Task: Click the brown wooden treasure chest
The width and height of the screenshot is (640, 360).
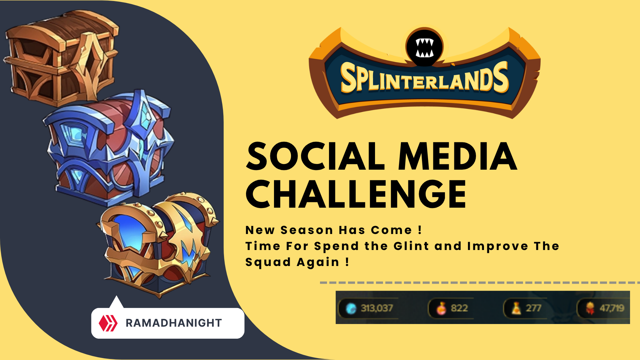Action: [x=62, y=57]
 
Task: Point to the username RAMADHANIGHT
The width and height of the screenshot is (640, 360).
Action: [x=174, y=323]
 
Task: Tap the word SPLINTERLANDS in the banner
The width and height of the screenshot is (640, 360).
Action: [x=424, y=78]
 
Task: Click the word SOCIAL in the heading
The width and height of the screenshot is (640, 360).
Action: [x=315, y=157]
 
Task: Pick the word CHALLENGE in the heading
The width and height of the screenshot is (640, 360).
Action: [x=356, y=194]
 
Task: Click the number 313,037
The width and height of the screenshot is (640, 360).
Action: [x=377, y=308]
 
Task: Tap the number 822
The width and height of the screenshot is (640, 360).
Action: [x=459, y=308]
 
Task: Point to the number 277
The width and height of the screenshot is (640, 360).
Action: [x=533, y=308]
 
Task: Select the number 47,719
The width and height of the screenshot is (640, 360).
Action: [x=612, y=308]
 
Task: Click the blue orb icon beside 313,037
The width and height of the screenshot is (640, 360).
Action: [x=351, y=309]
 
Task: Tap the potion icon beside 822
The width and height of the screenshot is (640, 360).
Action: [x=441, y=308]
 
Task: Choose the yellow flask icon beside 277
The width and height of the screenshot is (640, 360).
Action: [x=516, y=308]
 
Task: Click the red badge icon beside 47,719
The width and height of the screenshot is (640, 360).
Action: [x=590, y=308]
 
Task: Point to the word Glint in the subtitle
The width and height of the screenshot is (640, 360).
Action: [x=411, y=246]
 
